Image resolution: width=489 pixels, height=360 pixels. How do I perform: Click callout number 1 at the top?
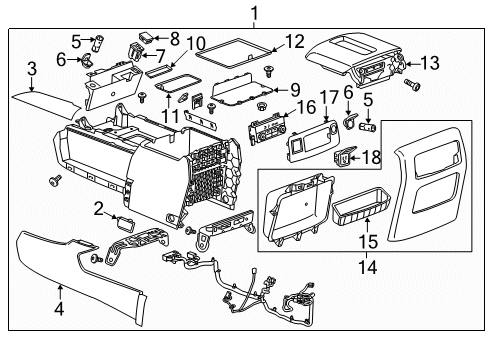(254, 14)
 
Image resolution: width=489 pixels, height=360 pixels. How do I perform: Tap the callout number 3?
(33, 68)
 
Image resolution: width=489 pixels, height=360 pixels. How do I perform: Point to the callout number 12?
(293, 42)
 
